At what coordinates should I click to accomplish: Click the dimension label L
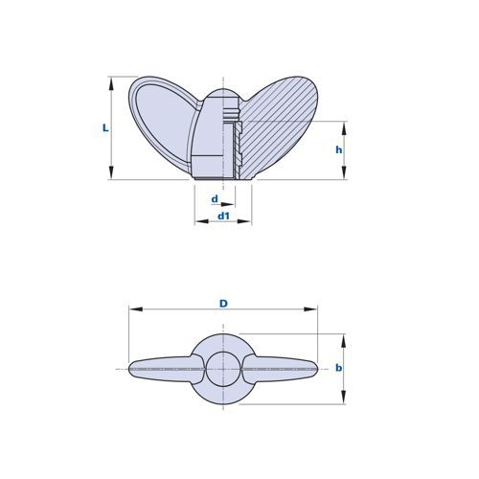point(105,128)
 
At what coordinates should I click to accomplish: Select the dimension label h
point(339,149)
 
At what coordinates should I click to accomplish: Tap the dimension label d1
point(223,217)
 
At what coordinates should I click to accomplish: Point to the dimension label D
point(223,304)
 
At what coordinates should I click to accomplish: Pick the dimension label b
point(339,368)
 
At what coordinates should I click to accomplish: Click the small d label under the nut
point(215,199)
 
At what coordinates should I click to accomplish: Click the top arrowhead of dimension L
point(111,83)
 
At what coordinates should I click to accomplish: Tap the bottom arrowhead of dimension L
point(111,172)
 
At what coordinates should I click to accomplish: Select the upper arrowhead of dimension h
point(344,128)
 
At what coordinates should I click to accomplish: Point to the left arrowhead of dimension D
point(135,309)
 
